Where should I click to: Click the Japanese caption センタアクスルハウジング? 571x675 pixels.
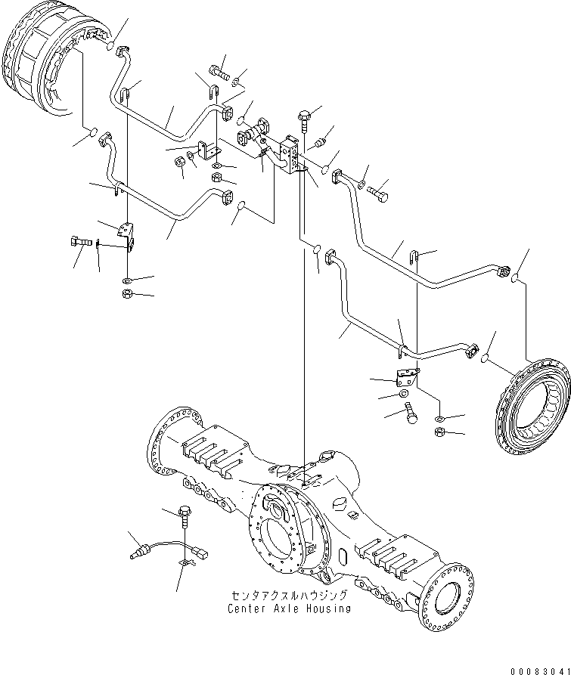(290, 596)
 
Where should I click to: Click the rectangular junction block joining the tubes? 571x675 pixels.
(290, 155)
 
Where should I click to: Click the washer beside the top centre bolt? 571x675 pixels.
(236, 81)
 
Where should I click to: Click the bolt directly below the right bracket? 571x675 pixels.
(411, 413)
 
